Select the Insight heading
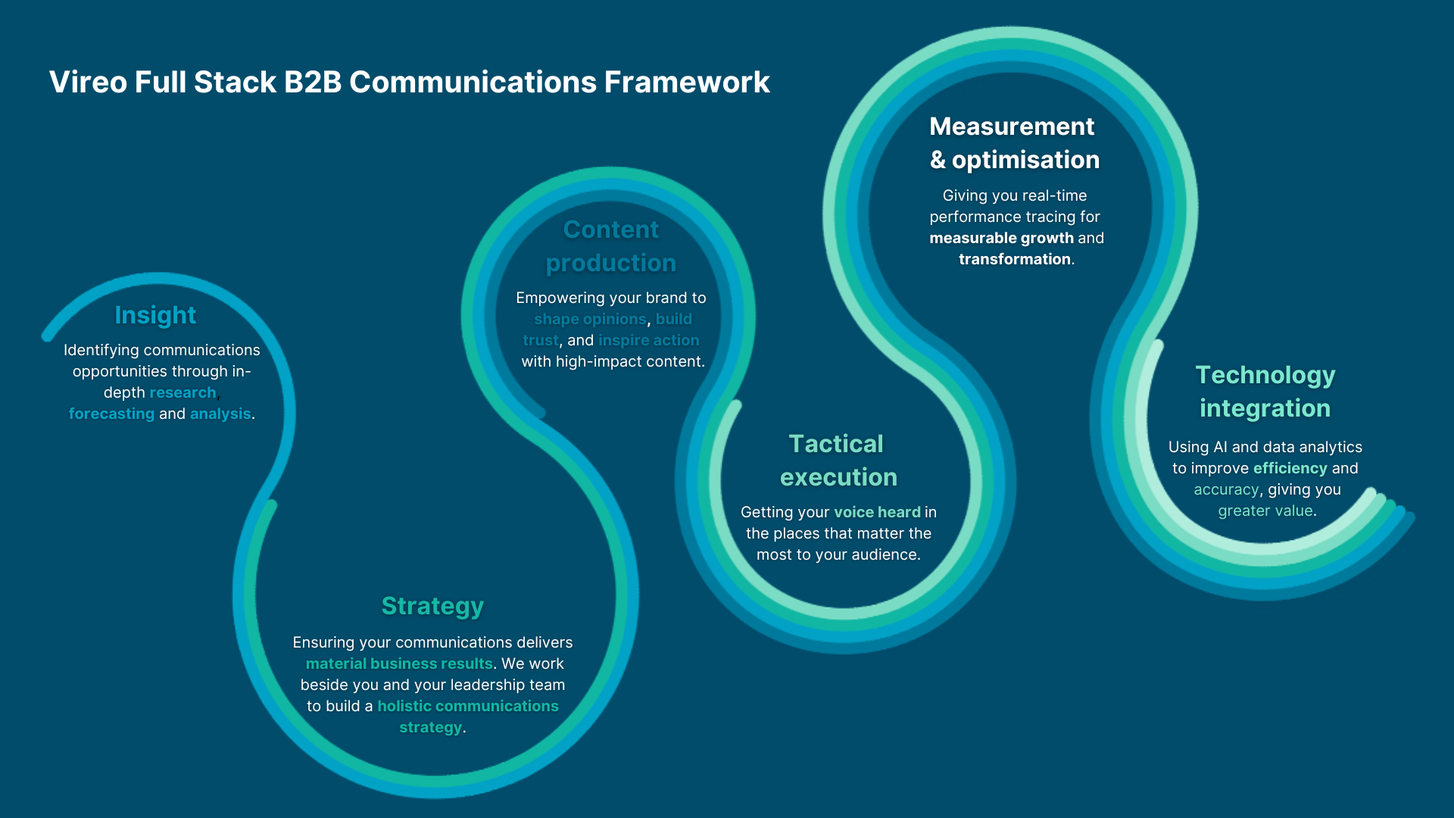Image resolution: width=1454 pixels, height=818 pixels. pyautogui.click(x=155, y=315)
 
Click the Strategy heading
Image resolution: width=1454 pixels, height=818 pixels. pyautogui.click(x=432, y=606)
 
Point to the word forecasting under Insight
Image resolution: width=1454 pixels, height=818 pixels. pyautogui.click(x=111, y=414)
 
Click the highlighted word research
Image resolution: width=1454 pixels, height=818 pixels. pyautogui.click(x=183, y=392)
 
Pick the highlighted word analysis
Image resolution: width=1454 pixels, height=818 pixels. pyautogui.click(x=220, y=414)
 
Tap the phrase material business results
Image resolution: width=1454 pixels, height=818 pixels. pyautogui.click(x=399, y=663)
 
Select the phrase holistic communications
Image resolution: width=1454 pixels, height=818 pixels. pyautogui.click(x=468, y=706)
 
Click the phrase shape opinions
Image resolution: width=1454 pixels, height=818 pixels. pyautogui.click(x=590, y=319)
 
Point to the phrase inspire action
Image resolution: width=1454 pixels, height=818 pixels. pyautogui.click(x=649, y=340)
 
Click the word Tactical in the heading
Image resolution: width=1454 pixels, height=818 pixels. pyautogui.click(x=836, y=444)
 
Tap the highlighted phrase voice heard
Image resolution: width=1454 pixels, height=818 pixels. pyautogui.click(x=877, y=512)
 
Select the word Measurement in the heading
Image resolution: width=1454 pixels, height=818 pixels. pyautogui.click(x=1012, y=126)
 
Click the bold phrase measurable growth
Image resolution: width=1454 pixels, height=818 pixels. pyautogui.click(x=1001, y=238)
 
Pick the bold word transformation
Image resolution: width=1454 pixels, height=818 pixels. pyautogui.click(x=1014, y=259)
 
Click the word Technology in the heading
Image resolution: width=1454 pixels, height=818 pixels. pyautogui.click(x=1265, y=375)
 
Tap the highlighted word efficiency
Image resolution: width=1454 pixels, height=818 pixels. pyautogui.click(x=1290, y=468)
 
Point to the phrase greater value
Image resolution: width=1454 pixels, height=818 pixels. pyautogui.click(x=1265, y=510)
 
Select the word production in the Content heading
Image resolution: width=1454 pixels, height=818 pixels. pyautogui.click(x=610, y=263)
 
